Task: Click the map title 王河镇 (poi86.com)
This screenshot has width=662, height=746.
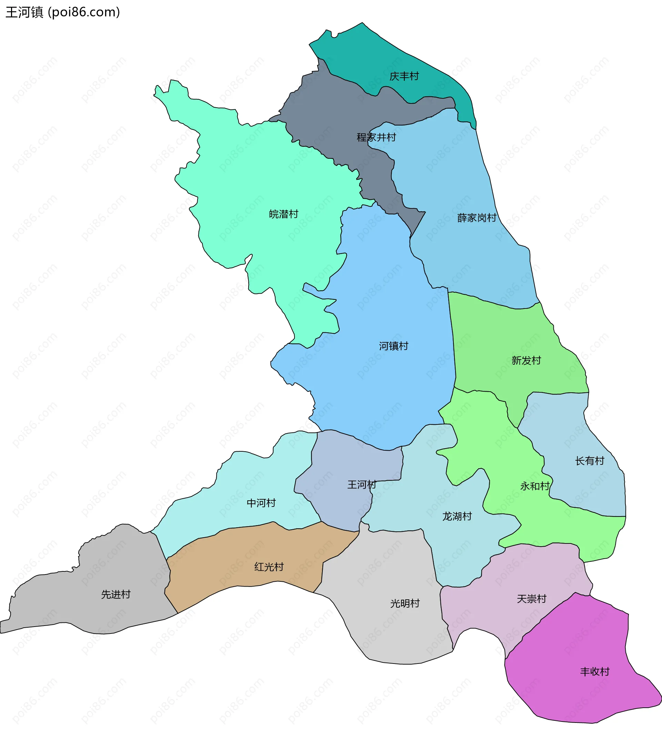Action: (63, 12)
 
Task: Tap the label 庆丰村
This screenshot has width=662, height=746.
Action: (404, 76)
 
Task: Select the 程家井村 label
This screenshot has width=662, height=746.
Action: (376, 138)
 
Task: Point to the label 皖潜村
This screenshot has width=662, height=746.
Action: (283, 214)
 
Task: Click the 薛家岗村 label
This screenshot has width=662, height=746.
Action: (477, 218)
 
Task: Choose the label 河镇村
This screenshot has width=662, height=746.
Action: (393, 346)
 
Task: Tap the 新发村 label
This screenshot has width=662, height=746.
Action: (526, 361)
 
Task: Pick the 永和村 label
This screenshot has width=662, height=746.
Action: (535, 486)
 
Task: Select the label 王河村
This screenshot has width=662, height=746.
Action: (362, 485)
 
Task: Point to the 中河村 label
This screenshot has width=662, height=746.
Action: (261, 503)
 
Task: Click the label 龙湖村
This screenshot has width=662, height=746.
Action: (457, 516)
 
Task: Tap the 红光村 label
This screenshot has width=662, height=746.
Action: (269, 567)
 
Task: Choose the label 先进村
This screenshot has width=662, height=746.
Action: (116, 595)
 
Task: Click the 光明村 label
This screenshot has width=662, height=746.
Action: (405, 603)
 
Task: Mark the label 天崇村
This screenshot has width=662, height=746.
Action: (531, 599)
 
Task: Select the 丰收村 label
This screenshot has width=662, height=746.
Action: (594, 672)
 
